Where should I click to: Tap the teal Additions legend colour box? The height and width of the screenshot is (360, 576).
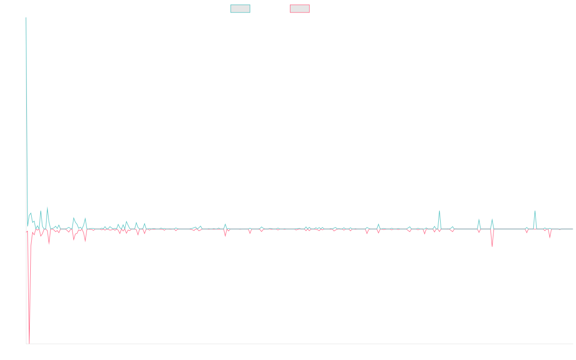point(240,9)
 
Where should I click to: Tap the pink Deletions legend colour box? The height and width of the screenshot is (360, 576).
point(300,9)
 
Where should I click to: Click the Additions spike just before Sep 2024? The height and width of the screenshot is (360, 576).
point(439,211)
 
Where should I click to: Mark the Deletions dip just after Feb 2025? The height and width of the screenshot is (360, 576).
point(492,246)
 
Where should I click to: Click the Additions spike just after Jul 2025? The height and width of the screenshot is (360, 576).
point(535,211)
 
